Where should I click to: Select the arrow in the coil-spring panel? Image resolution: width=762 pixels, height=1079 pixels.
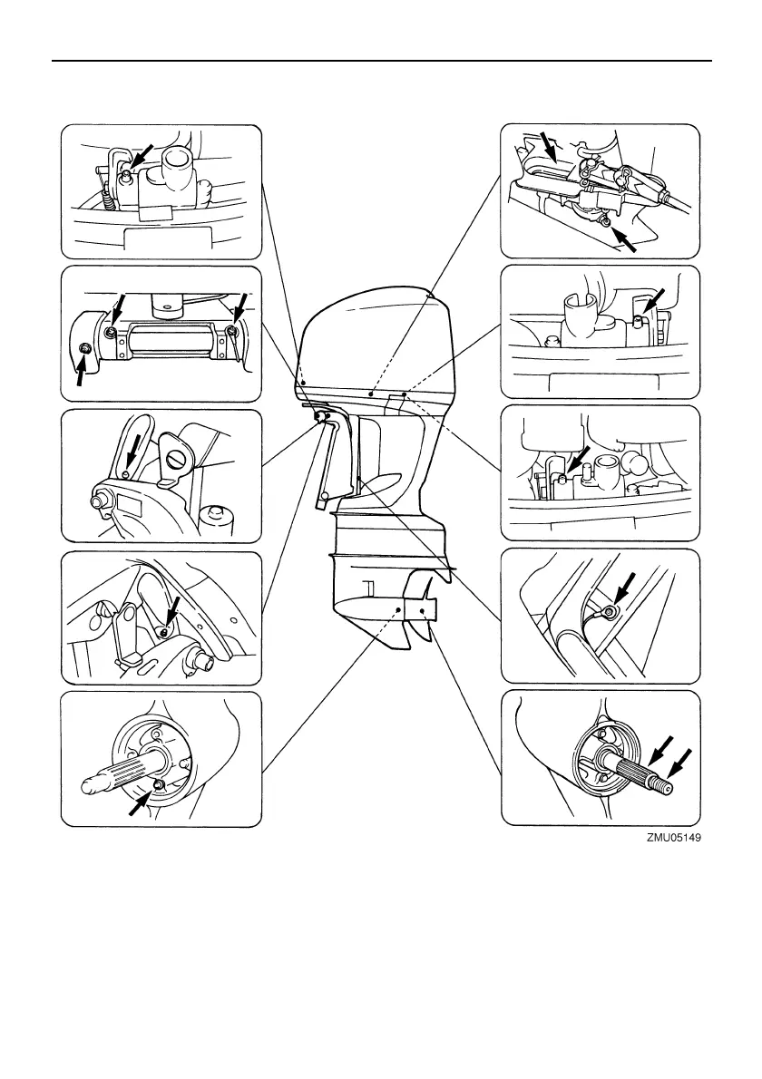[x=143, y=153]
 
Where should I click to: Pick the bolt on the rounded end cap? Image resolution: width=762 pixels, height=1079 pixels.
[x=84, y=349]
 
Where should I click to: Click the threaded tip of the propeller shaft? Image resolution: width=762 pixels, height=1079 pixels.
[x=666, y=787]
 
